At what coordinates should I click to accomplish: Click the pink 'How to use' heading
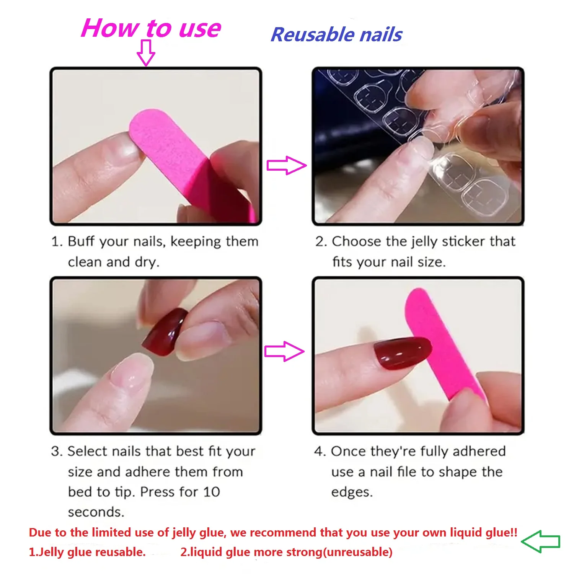coord(151,28)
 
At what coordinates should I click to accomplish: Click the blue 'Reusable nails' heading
coord(336,35)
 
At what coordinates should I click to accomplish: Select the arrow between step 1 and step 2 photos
coord(286,165)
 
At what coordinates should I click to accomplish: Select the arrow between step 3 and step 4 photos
coord(284,351)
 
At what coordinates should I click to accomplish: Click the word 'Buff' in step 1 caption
coord(81,242)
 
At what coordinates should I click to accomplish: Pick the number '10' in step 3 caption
coord(211,492)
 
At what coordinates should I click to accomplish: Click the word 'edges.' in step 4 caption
coord(352,492)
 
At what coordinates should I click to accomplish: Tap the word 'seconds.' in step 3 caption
coord(96,512)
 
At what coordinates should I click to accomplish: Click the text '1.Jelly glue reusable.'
coord(87,552)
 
